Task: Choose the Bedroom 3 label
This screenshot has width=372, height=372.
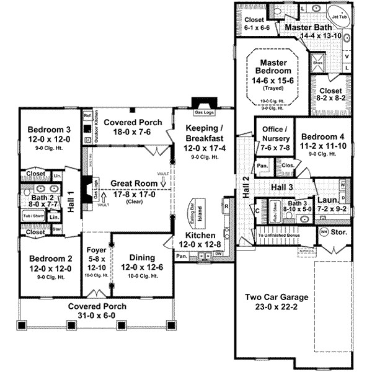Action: pyautogui.click(x=43, y=130)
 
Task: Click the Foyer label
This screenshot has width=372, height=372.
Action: pyautogui.click(x=97, y=252)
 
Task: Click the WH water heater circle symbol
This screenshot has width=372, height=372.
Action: pyautogui.click(x=323, y=231)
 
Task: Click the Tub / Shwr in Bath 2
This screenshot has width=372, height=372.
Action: pyautogui.click(x=32, y=215)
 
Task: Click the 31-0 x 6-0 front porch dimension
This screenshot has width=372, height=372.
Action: pyautogui.click(x=97, y=316)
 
